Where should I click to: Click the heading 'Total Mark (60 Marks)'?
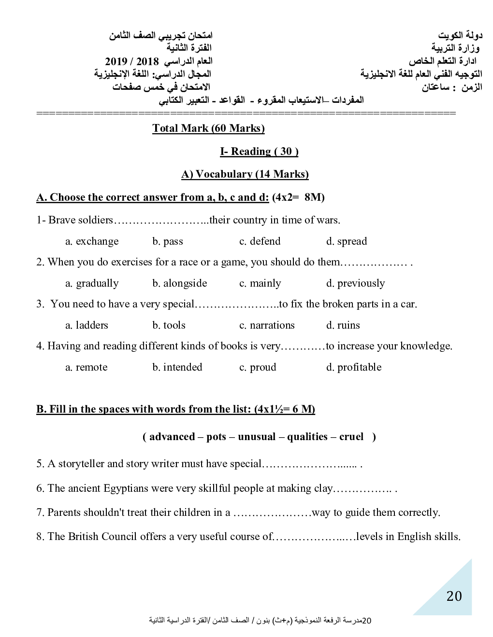208,128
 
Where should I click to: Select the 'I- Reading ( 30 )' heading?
259,152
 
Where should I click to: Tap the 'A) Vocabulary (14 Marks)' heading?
245,174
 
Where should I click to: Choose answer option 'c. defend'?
260,241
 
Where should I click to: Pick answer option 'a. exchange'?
92,241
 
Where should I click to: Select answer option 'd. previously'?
355,283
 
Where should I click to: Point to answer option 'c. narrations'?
267,325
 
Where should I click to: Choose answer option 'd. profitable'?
354,367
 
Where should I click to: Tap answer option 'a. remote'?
87,367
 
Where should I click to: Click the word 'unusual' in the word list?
256,437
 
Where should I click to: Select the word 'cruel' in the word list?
351,437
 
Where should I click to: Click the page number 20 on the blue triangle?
454,596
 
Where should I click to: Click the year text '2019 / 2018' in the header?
132,61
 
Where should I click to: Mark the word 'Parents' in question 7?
64,512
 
